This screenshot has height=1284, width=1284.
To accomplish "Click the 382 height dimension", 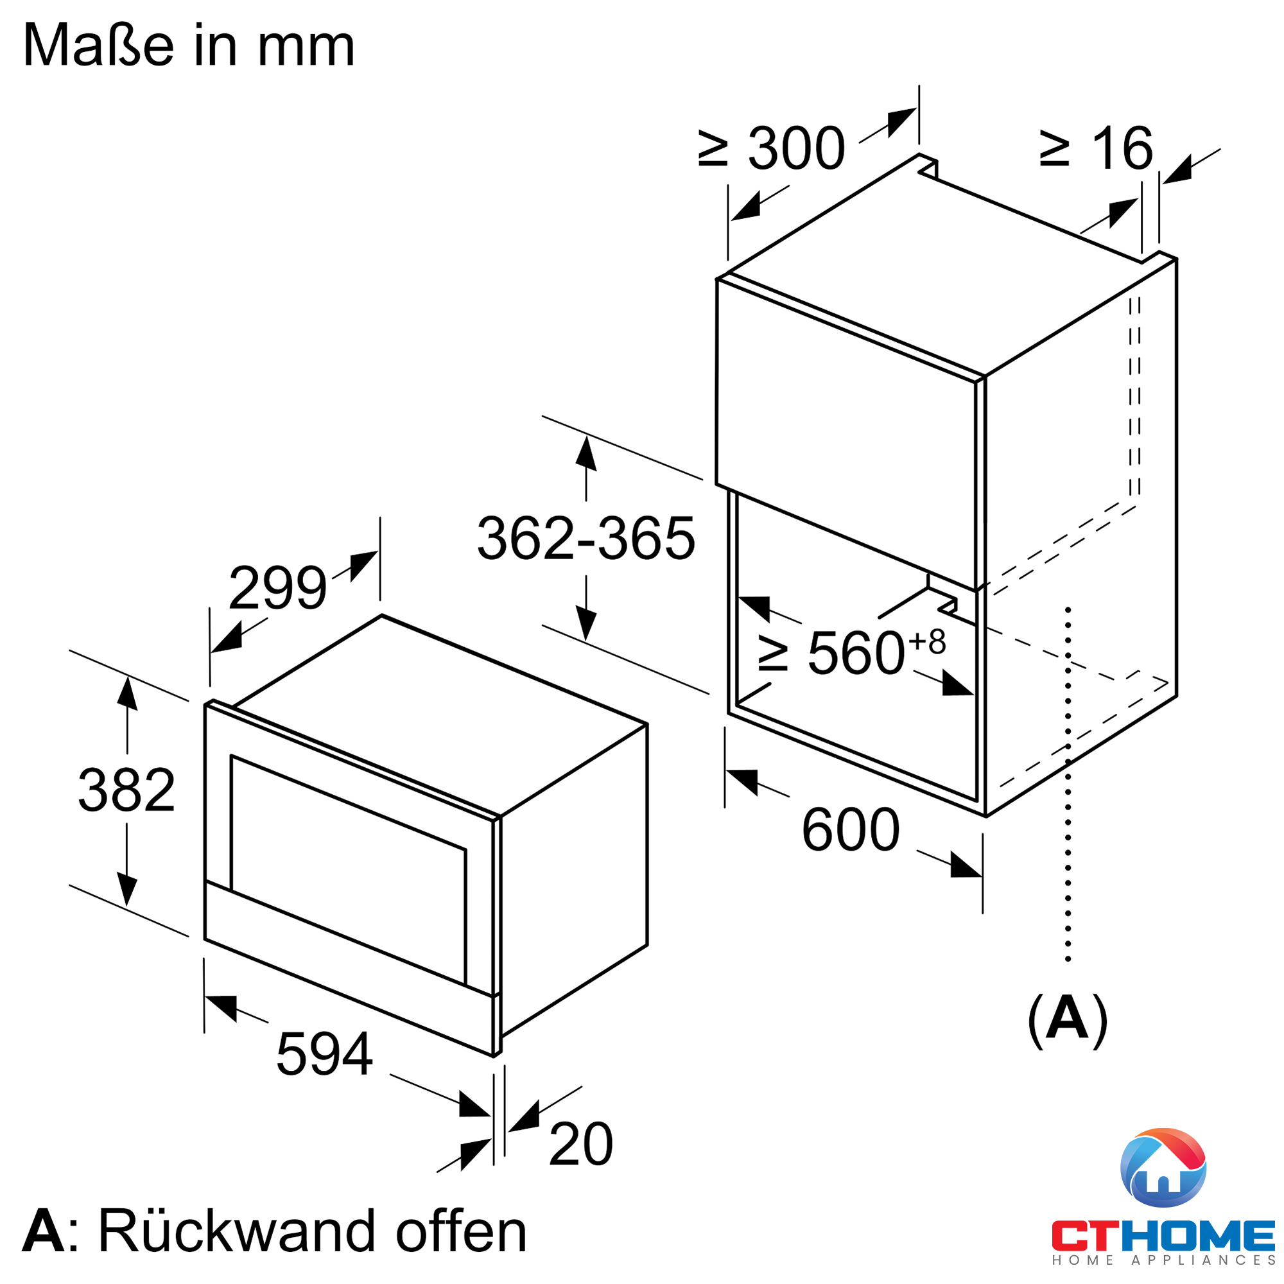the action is click(126, 790).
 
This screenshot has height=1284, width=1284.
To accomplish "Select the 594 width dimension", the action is click(324, 1054).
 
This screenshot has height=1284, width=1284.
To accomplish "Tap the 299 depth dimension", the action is click(277, 587).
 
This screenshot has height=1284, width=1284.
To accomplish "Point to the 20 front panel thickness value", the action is click(581, 1144).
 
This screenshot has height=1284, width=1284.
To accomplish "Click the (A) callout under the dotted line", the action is click(1068, 1020).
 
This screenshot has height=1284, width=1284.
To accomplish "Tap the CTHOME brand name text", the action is click(1163, 1235).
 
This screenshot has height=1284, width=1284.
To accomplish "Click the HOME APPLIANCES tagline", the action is click(1164, 1260).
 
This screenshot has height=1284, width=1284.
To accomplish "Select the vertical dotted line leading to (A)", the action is click(1068, 785).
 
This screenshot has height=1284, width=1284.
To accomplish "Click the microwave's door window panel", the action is click(348, 869).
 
